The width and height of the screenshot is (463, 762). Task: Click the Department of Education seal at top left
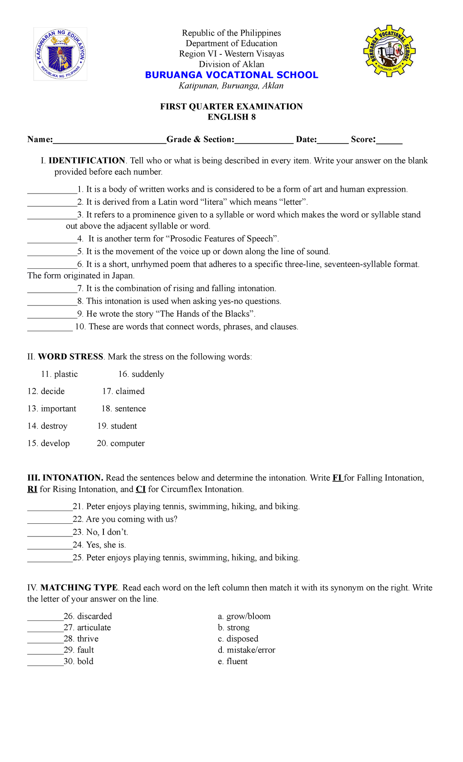[x=60, y=54]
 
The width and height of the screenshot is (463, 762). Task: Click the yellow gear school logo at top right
[x=389, y=51]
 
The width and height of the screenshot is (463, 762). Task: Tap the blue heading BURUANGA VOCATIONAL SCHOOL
[x=231, y=75]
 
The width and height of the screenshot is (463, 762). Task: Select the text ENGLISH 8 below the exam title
[x=231, y=117]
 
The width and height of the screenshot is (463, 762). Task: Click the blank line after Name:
[x=109, y=141]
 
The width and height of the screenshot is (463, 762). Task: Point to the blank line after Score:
[x=389, y=141]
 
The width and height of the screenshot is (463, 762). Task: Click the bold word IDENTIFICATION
[x=87, y=160]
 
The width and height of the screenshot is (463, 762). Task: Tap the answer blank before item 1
[x=52, y=190]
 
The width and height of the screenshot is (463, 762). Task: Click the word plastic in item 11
[x=66, y=374]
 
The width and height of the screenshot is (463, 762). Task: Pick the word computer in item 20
[x=127, y=443]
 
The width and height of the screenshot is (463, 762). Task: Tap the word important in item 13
[x=59, y=409]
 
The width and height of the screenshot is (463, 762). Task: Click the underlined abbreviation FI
[x=337, y=478]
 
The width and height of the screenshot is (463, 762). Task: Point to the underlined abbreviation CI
[x=140, y=489]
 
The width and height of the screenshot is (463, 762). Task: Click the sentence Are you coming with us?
[x=132, y=519]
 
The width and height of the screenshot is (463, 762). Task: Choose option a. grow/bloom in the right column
[x=244, y=616]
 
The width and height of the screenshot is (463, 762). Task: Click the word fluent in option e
[x=237, y=661]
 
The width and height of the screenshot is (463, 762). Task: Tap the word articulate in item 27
[x=94, y=627]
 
